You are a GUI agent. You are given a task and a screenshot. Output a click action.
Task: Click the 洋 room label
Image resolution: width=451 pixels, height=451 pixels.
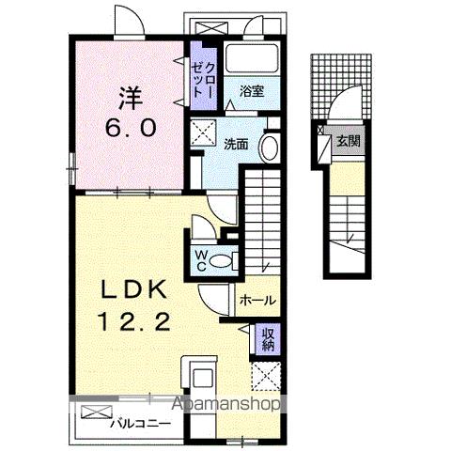(130, 97)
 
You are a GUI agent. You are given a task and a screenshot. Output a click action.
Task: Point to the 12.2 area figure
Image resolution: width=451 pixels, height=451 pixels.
(131, 321)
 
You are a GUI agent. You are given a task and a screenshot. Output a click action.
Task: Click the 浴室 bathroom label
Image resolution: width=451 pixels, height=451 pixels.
(250, 92)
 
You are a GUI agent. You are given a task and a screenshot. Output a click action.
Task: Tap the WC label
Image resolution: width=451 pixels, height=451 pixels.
(200, 259)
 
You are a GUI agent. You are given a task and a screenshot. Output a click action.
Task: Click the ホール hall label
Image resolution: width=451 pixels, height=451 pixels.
(257, 301)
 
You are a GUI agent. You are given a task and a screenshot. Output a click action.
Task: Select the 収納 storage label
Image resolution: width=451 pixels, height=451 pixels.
(268, 335)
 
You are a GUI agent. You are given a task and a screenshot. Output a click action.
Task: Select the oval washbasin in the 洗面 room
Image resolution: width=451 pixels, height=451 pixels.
(270, 147)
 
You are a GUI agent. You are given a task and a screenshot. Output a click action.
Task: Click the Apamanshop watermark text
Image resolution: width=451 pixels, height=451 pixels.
(225, 406)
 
